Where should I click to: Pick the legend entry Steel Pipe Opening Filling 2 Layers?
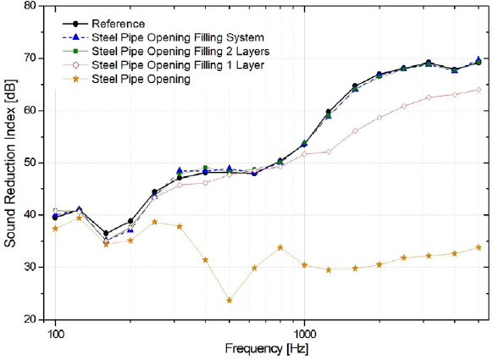pyautogui.click(x=180, y=51)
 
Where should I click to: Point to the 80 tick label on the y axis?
pyautogui.click(x=29, y=6)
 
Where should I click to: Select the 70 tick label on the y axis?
pyautogui.click(x=29, y=58)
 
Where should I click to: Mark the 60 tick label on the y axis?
pyautogui.click(x=29, y=110)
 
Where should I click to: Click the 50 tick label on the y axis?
pyautogui.click(x=29, y=163)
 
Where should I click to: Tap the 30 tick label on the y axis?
pyautogui.click(x=29, y=268)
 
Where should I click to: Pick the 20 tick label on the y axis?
pyautogui.click(x=29, y=319)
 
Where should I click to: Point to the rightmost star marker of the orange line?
pyautogui.click(x=479, y=247)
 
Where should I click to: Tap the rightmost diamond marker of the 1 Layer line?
pyautogui.click(x=479, y=90)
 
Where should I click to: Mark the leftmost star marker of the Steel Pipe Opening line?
pyautogui.click(x=55, y=229)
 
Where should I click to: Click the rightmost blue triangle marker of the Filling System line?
pyautogui.click(x=479, y=60)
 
